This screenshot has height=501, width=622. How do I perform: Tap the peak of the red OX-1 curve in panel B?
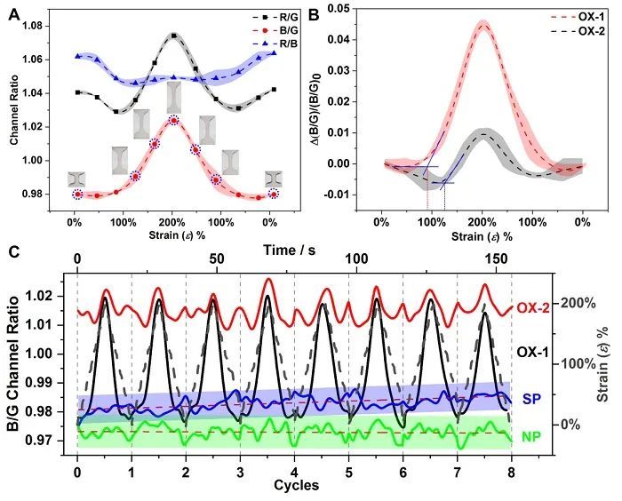482,22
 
